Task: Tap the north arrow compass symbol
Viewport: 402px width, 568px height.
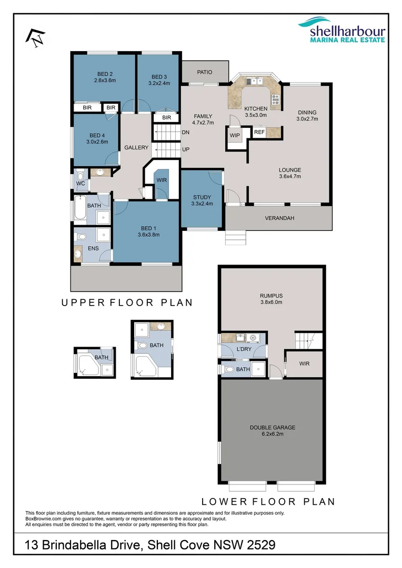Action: [x=36, y=36]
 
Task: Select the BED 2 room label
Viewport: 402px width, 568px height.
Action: [x=105, y=74]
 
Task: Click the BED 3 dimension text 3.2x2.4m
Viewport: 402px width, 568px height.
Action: [x=159, y=83]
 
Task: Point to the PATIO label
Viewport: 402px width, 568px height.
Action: [x=205, y=73]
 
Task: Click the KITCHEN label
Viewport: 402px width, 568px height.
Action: [x=256, y=108]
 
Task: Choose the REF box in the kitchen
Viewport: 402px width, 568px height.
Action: [x=259, y=133]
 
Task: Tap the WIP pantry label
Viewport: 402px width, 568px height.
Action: [x=235, y=135]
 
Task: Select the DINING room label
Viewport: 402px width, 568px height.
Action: [x=307, y=112]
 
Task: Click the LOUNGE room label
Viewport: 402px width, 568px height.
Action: [x=289, y=170]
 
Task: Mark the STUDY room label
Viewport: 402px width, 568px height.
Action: [x=202, y=197]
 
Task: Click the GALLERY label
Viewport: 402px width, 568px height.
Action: [x=136, y=148]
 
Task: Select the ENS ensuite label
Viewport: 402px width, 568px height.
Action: [x=93, y=248]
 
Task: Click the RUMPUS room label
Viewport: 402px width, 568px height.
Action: [x=272, y=296]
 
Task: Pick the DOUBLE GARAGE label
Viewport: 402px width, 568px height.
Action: [x=272, y=428]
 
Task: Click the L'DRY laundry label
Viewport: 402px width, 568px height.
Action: [x=243, y=350]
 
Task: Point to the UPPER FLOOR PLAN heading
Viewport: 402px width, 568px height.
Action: [x=127, y=302]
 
